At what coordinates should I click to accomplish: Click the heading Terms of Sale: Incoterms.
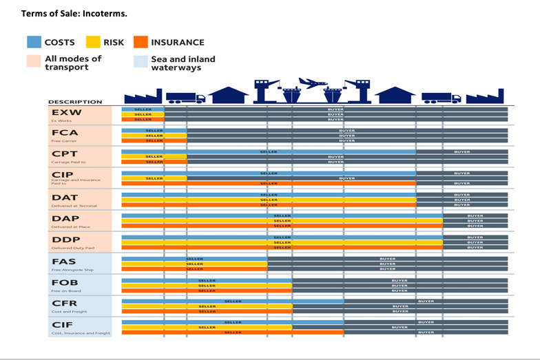[65, 13]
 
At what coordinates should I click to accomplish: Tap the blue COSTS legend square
[34, 42]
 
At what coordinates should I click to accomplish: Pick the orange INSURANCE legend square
[141, 42]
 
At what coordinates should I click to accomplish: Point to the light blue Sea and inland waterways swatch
[141, 62]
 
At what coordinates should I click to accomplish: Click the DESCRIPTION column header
[76, 102]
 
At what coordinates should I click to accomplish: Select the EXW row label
[66, 112]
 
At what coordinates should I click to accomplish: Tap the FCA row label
[65, 133]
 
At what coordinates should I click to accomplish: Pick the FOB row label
[65, 282]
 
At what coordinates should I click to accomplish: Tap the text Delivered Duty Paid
[72, 248]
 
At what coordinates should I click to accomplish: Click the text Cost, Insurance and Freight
[80, 333]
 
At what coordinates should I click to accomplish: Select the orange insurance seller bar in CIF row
[233, 332]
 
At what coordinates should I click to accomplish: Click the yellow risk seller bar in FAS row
[194, 264]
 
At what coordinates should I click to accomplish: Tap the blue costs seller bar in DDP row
[282, 237]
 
